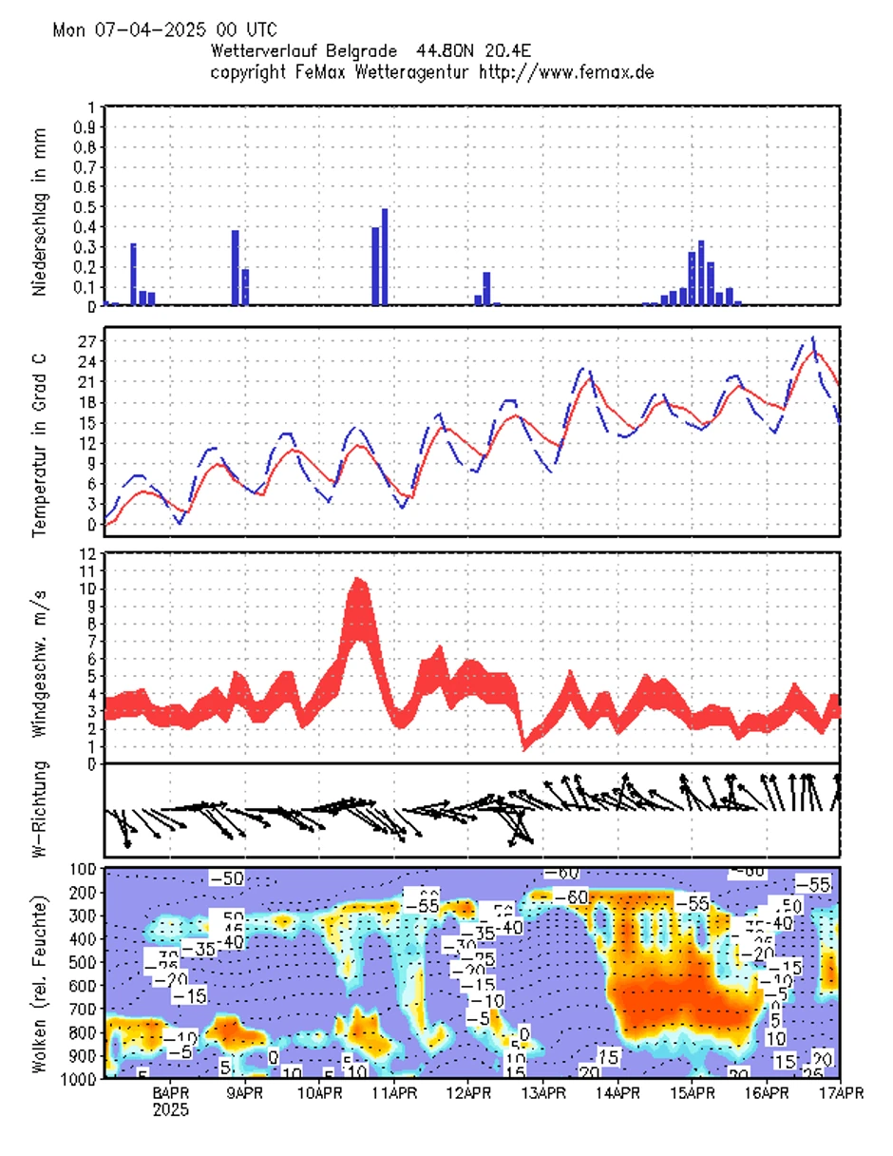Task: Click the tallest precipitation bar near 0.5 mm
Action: click(385, 257)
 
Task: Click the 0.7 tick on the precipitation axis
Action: click(86, 166)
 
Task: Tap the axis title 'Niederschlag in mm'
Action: click(39, 206)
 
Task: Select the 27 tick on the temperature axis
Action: click(86, 340)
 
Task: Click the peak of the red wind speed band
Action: click(358, 579)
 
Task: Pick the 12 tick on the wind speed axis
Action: click(86, 554)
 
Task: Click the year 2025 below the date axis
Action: click(171, 1109)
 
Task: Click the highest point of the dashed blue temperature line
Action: click(812, 337)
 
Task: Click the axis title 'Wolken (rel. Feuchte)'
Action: click(39, 972)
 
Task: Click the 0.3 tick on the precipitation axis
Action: click(86, 246)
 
